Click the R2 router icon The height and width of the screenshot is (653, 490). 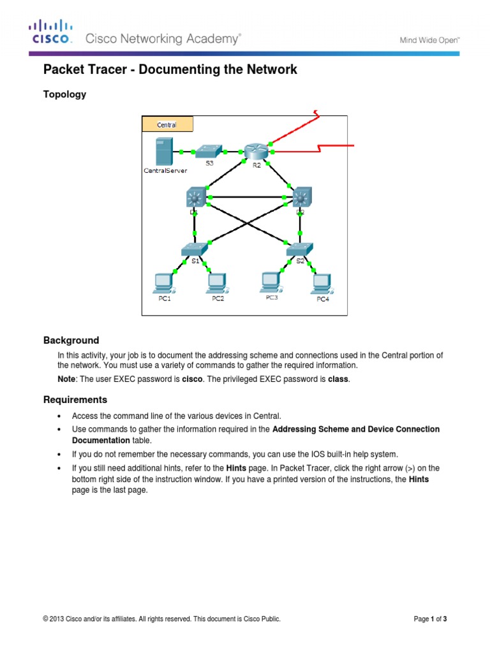point(256,152)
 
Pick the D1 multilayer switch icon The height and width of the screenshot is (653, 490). point(195,198)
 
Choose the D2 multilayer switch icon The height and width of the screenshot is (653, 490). point(299,197)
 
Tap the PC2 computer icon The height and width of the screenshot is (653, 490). point(217,282)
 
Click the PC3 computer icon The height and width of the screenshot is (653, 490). point(271,281)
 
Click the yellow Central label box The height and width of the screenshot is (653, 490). point(167,124)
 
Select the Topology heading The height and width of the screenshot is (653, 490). point(64,94)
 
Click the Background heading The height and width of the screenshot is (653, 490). point(71,341)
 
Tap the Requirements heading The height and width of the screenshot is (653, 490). point(75,400)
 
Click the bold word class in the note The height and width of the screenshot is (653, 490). point(339,379)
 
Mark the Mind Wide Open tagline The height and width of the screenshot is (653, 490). point(429,40)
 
